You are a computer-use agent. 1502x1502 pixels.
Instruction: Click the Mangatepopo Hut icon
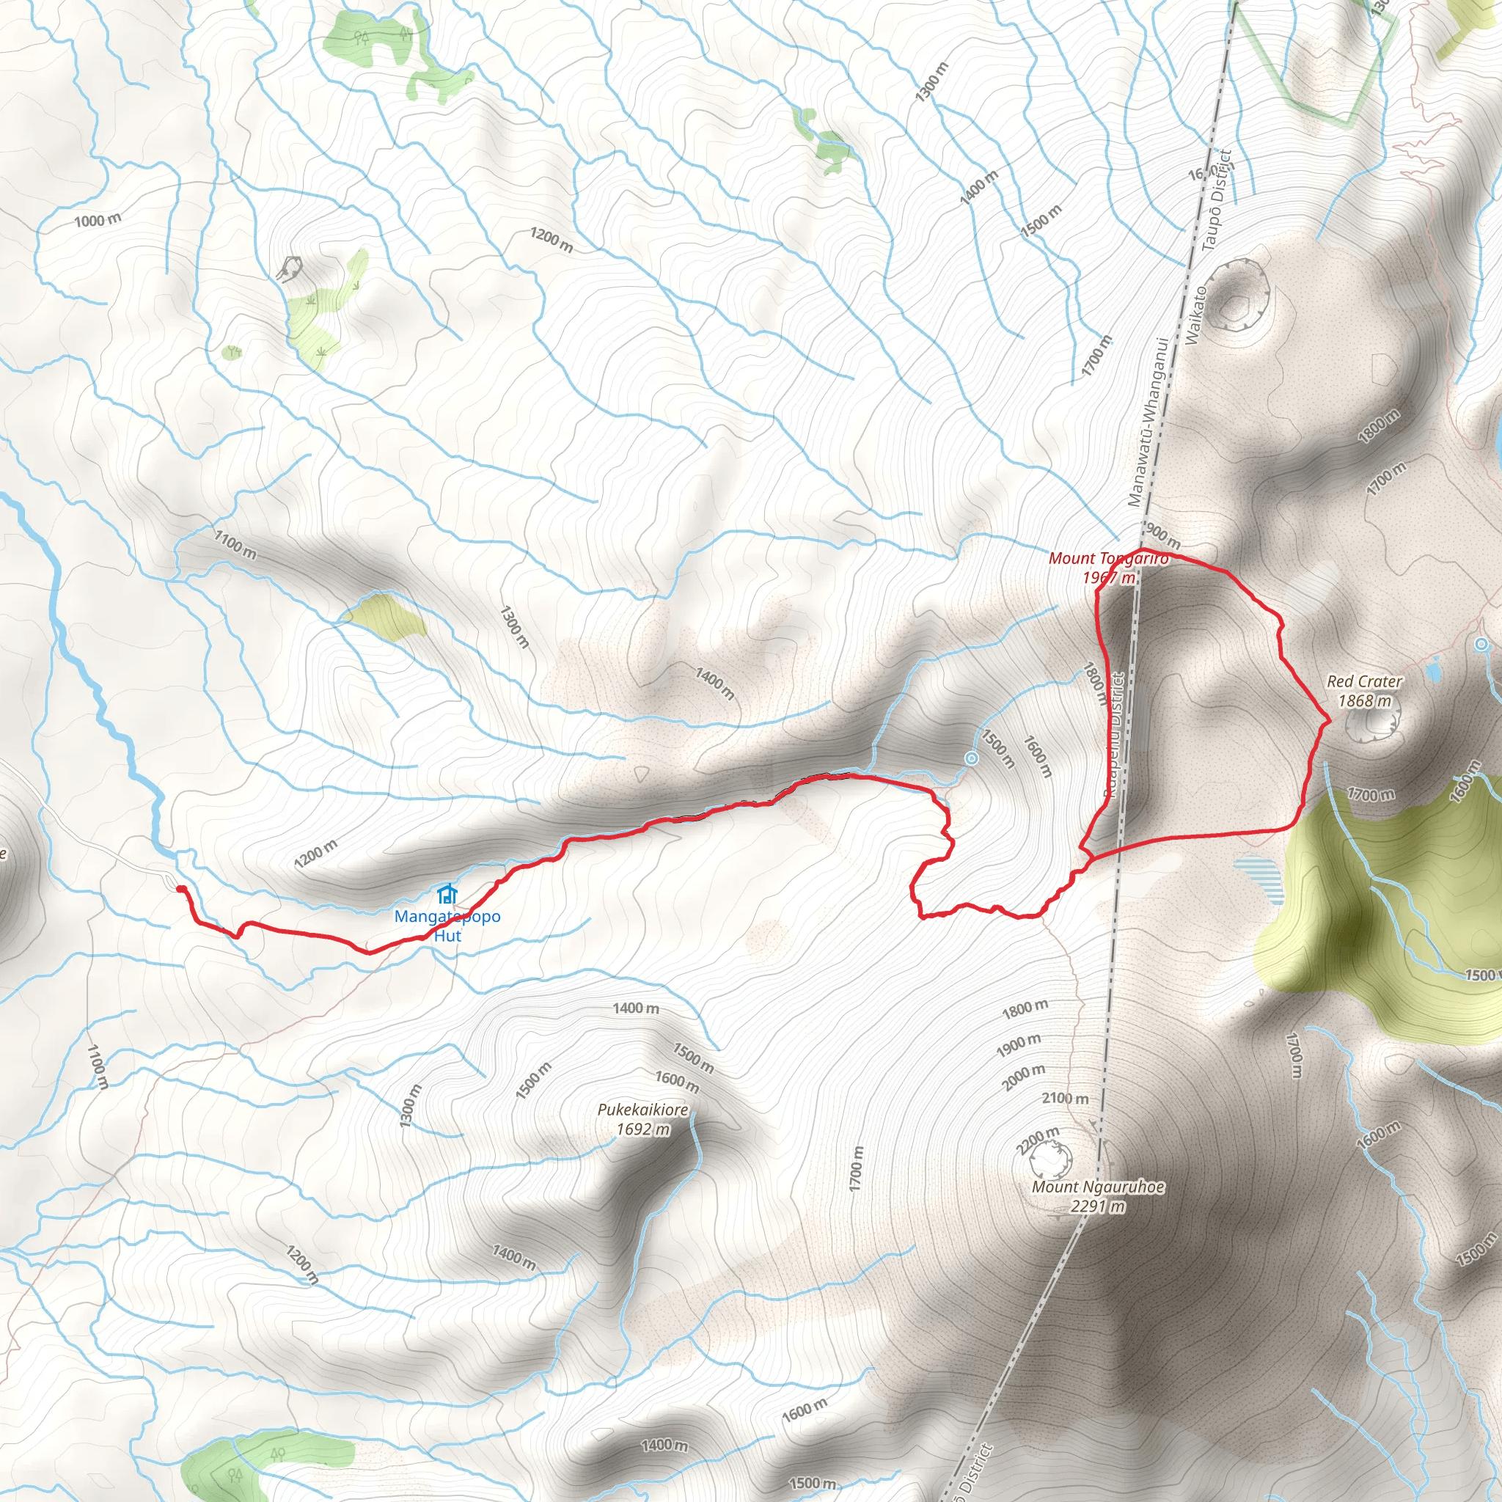coord(446,894)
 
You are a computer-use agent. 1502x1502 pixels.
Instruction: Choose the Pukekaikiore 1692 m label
coord(643,1119)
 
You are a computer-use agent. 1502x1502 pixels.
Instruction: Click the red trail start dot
coord(180,889)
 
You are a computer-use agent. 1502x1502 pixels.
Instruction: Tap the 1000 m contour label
coord(98,221)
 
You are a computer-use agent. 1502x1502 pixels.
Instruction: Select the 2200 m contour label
coord(1038,1140)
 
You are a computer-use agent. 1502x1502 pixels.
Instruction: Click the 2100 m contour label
coord(1065,1099)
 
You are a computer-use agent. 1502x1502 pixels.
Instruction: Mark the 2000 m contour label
coord(1023,1077)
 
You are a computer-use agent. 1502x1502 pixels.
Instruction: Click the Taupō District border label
coord(1217,200)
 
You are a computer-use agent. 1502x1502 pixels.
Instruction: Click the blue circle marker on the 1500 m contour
coord(971,758)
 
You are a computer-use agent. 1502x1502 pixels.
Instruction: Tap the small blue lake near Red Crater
coord(1434,668)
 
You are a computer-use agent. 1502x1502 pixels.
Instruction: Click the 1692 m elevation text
coord(643,1129)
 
